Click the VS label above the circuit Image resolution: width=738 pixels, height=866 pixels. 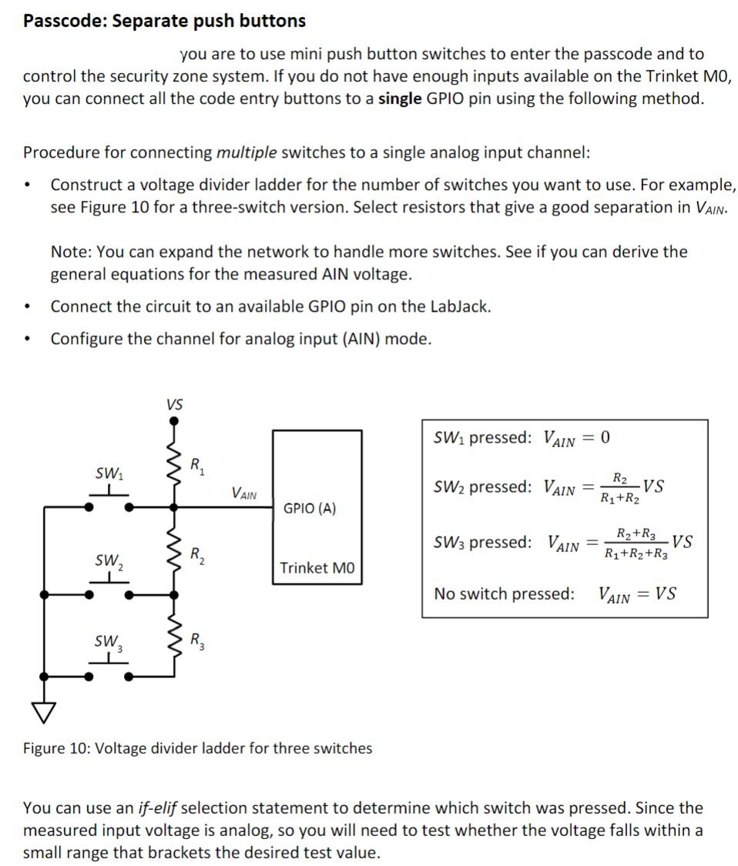(175, 404)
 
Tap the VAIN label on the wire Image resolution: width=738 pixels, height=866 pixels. (244, 493)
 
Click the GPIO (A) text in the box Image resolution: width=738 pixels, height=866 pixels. (310, 509)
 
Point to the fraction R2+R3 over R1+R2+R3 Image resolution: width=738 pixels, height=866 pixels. (636, 543)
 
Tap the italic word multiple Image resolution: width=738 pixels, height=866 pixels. (247, 152)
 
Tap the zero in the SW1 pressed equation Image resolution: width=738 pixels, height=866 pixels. (604, 438)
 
